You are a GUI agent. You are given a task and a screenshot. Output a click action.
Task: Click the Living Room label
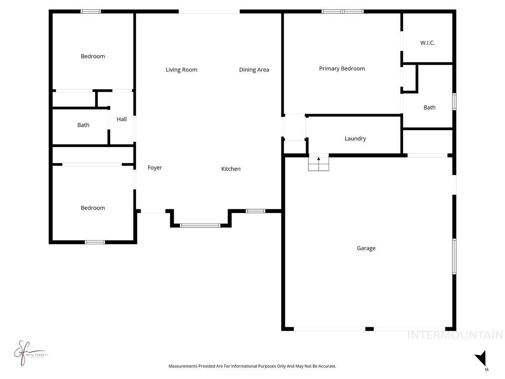pos(181,70)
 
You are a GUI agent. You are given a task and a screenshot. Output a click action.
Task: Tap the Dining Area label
pos(254,70)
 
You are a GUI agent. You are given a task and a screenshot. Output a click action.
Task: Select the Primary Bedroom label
pos(342,69)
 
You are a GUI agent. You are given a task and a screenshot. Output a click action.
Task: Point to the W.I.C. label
pos(427,43)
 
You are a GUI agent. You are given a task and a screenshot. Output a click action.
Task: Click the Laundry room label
pos(355,139)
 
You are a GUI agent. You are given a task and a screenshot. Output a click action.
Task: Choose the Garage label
pos(366,248)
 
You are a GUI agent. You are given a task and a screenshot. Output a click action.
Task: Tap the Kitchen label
pos(231,169)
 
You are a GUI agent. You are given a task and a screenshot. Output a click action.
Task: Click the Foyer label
pos(154,168)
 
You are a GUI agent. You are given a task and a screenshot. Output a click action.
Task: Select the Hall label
pos(122,119)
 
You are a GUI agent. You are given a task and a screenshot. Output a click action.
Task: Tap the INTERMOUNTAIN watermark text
pos(455,335)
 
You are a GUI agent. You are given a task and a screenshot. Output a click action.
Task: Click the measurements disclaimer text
pos(252,366)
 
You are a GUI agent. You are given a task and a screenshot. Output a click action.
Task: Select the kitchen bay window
pos(200,225)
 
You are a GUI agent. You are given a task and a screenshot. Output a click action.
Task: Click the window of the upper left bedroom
pos(91,11)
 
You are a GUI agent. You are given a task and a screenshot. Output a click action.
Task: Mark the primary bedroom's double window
pos(343,11)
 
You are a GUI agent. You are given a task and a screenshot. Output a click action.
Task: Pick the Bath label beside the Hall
pos(83,125)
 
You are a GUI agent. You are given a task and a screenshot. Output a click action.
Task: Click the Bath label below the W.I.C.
pos(429,107)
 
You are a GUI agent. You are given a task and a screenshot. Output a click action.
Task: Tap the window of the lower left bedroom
pos(95,242)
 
